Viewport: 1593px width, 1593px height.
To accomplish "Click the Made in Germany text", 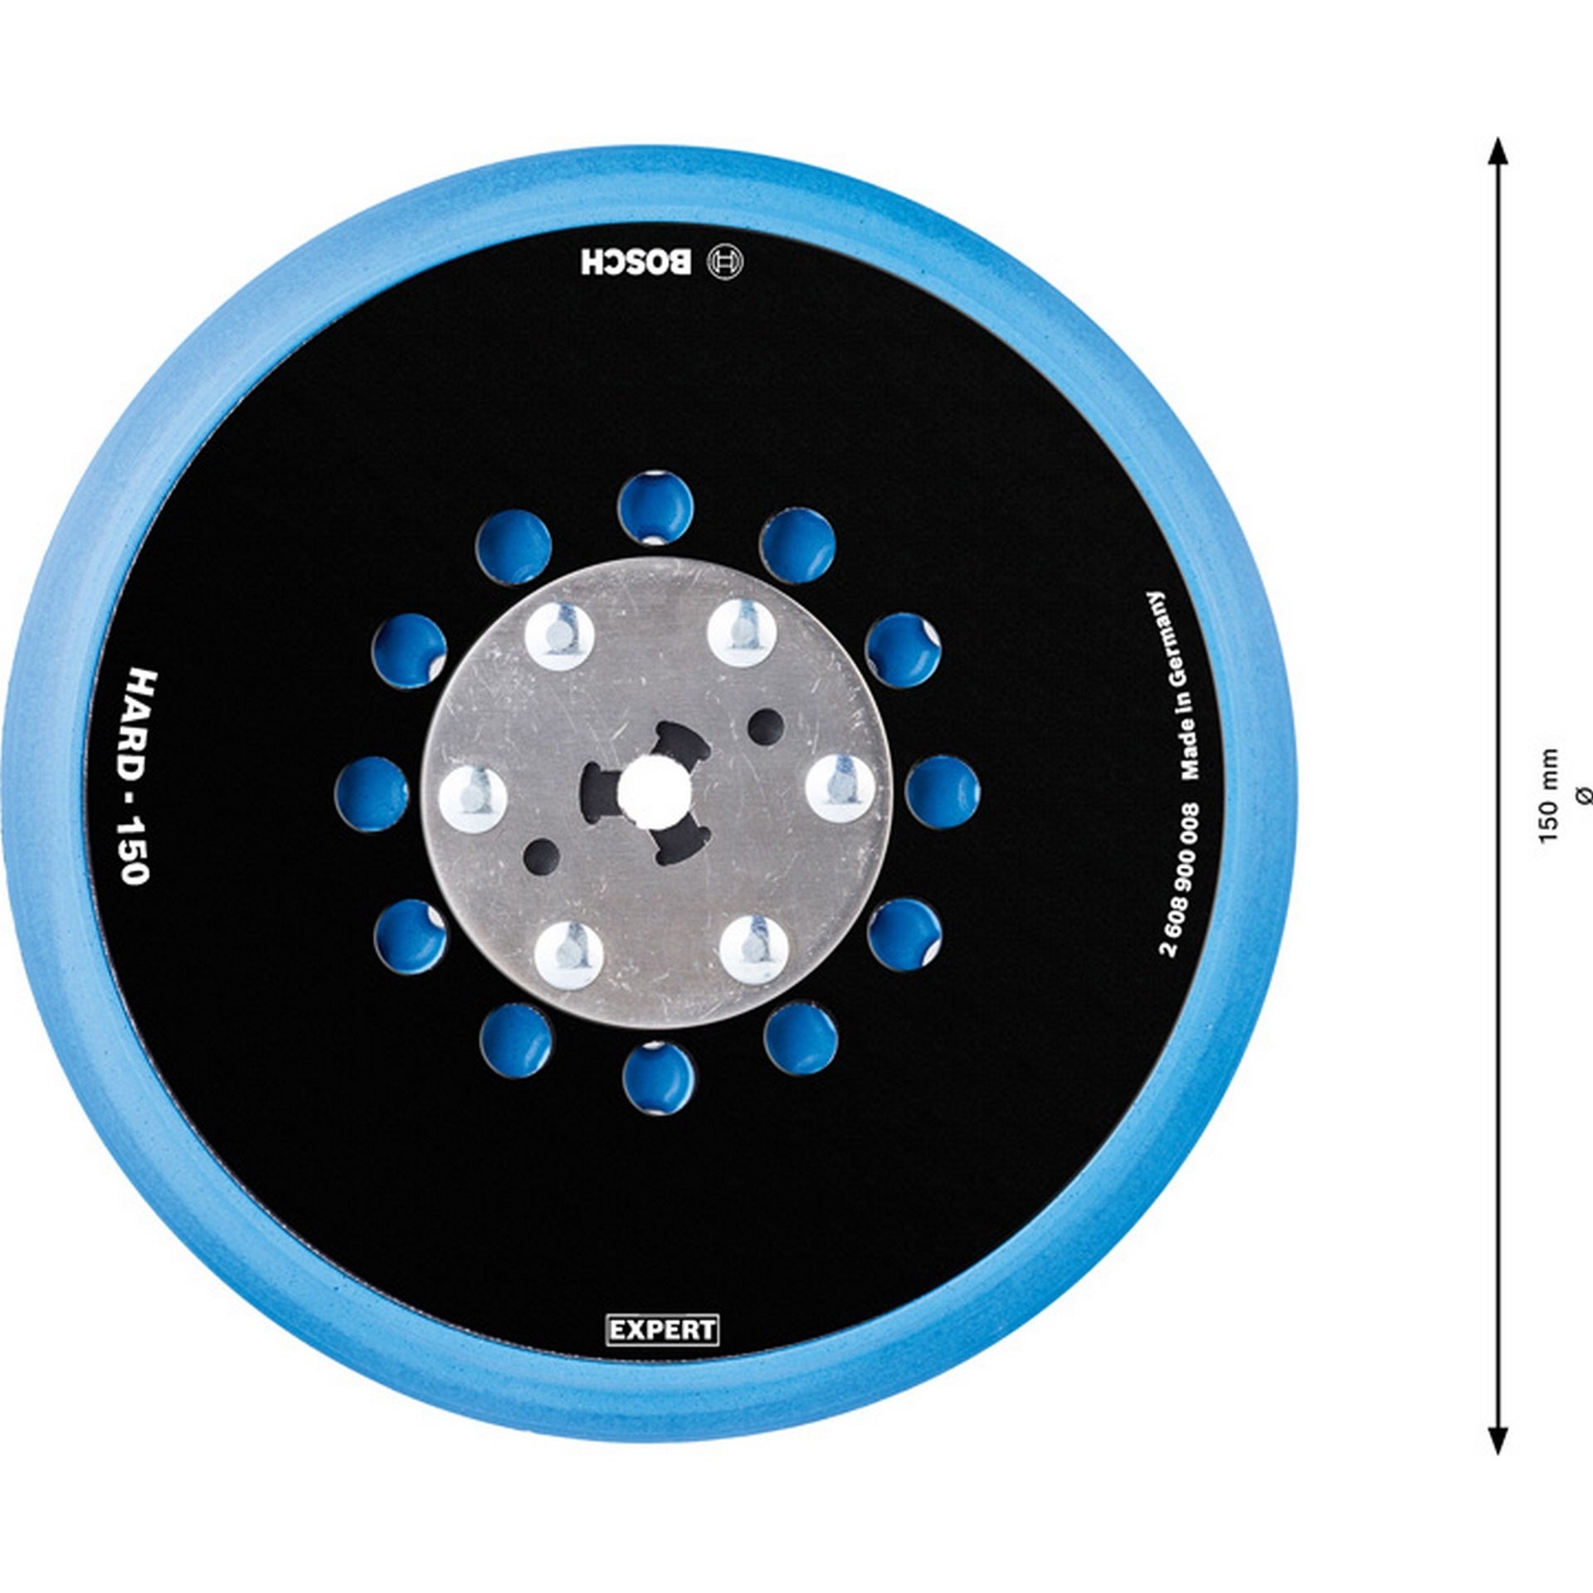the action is point(1178,685).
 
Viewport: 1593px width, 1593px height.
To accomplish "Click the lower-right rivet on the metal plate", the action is point(751,946).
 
